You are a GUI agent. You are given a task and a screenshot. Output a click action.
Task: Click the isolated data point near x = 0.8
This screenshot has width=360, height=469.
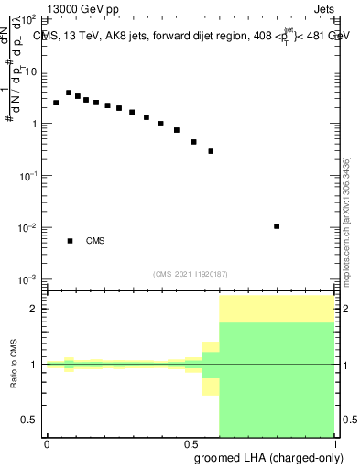pyautogui.click(x=277, y=225)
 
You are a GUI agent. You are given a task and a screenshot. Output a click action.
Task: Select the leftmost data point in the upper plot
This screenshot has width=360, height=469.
pyautogui.click(x=56, y=103)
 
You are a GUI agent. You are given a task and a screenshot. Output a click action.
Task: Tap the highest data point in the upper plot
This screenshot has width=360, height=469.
pyautogui.click(x=69, y=93)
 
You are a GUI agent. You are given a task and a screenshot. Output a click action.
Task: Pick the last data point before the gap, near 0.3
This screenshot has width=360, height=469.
pyautogui.click(x=211, y=151)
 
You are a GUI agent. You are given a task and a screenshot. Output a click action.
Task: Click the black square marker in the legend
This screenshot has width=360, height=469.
pyautogui.click(x=70, y=241)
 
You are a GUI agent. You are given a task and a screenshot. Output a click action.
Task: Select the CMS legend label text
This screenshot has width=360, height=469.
pyautogui.click(x=95, y=241)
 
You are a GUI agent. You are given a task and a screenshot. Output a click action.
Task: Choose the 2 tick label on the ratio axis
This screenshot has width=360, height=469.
pyautogui.click(x=33, y=309)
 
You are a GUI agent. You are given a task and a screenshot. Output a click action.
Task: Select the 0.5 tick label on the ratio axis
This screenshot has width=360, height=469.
pyautogui.click(x=29, y=420)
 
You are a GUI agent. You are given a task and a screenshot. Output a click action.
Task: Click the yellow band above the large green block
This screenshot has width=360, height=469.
pyautogui.click(x=277, y=309)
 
